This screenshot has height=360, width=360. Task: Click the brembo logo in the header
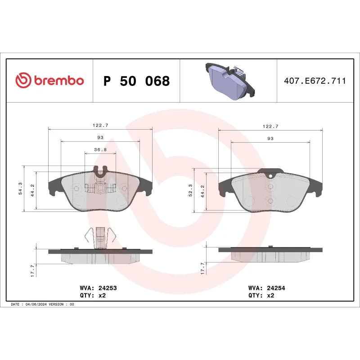point(49,81)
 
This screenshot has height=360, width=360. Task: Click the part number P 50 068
point(136,81)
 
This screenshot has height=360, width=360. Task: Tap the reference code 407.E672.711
point(315,81)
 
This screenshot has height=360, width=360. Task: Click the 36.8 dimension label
point(100,150)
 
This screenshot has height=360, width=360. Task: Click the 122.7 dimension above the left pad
point(100,126)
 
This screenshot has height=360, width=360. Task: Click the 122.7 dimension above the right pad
point(270,126)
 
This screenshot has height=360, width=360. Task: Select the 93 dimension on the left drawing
point(100,137)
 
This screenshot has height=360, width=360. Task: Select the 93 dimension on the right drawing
point(270,139)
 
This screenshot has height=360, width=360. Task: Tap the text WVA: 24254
point(267,287)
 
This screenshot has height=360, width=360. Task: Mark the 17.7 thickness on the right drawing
point(202,268)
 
